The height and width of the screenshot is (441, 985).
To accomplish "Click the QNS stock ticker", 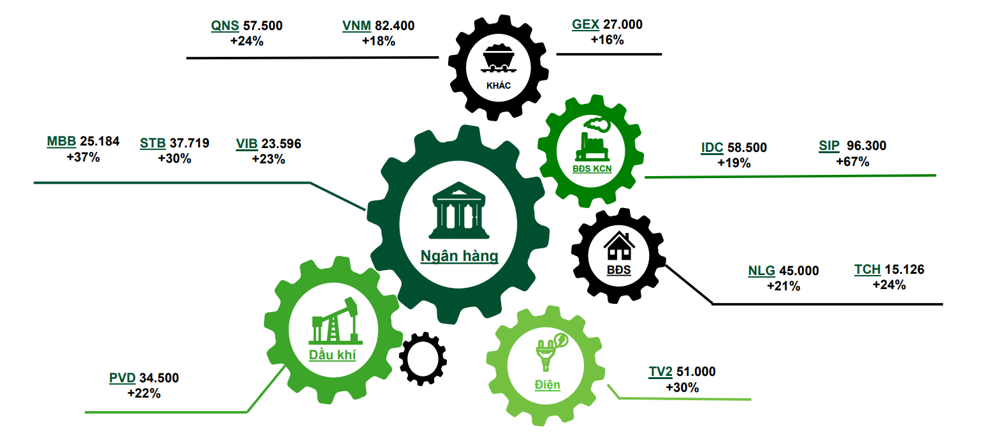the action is (x=224, y=26).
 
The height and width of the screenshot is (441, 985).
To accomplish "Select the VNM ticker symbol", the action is (x=356, y=26).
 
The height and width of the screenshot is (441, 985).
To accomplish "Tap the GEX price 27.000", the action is (x=623, y=24).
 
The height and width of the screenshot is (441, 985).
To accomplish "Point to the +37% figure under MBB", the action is (x=83, y=157).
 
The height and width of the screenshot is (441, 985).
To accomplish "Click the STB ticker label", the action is (x=152, y=143).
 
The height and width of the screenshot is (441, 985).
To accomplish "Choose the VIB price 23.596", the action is (x=281, y=144).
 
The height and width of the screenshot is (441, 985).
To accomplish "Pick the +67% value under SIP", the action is (x=852, y=161).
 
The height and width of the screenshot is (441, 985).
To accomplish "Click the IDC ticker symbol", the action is (x=712, y=147).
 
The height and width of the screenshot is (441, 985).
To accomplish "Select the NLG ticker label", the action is (x=762, y=271).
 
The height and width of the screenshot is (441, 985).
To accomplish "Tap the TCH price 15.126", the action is (x=905, y=269).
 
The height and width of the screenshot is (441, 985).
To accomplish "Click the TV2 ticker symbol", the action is (x=660, y=371).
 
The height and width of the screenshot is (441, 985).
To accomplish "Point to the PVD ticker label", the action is (x=122, y=378).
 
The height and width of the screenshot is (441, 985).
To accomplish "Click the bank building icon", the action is (x=459, y=210).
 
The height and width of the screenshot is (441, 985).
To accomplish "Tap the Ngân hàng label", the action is (x=460, y=256).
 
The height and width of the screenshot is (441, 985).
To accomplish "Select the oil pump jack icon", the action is (x=335, y=320).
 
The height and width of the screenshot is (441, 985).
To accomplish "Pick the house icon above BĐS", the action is (x=619, y=246).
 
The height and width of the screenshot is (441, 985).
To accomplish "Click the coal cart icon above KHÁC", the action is (x=499, y=57).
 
